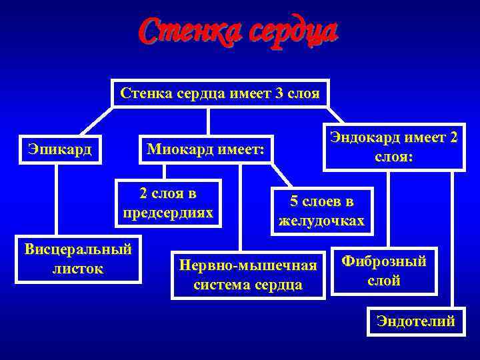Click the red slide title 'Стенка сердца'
point(239,30)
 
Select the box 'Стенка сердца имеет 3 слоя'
point(220,94)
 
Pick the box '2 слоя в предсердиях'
point(168,203)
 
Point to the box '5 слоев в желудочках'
point(321,211)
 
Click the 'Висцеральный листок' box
point(78,259)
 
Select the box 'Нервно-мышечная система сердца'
point(247,275)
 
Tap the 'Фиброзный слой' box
point(383,271)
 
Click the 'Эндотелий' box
point(416,321)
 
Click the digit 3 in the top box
point(279,94)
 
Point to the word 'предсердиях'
point(168,213)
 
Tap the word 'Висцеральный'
point(78,249)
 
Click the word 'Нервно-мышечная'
point(247,265)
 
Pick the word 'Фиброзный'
point(383,261)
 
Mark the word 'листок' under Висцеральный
point(78,269)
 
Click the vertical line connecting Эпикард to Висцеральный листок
point(57,200)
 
